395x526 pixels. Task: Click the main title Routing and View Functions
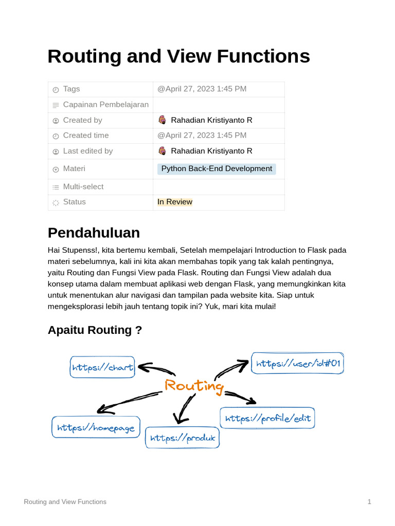(x=178, y=57)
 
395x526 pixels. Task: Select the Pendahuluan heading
(x=94, y=233)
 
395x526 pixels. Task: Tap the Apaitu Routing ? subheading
(x=95, y=330)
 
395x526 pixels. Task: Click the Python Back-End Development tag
(x=217, y=169)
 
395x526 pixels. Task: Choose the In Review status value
(x=175, y=202)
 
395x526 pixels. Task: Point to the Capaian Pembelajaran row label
(x=105, y=105)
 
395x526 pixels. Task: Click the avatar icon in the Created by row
(x=162, y=120)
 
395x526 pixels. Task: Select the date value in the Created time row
(x=202, y=136)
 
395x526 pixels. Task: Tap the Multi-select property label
(x=83, y=187)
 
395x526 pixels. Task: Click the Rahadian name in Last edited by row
(x=211, y=151)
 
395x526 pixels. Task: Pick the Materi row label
(x=74, y=168)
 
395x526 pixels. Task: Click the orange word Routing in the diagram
(x=194, y=386)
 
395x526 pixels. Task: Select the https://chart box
(x=102, y=367)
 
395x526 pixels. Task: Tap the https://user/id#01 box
(x=298, y=363)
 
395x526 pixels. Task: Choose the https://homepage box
(x=96, y=427)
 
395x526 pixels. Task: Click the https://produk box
(x=182, y=438)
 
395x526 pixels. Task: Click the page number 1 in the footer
(x=369, y=502)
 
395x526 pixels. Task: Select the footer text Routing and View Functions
(x=65, y=502)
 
